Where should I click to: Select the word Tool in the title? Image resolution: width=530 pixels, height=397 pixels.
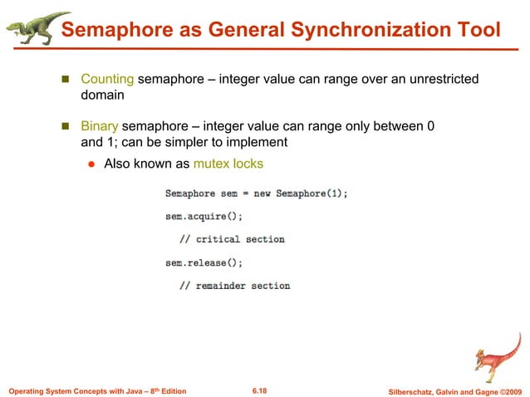[x=476, y=32]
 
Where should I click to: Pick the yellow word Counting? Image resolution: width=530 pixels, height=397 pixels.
[x=107, y=80]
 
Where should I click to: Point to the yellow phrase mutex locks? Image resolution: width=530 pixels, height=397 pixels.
[x=228, y=164]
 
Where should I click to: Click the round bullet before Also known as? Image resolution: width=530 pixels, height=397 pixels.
[x=93, y=164]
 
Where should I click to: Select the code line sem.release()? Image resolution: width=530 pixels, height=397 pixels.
[x=204, y=262]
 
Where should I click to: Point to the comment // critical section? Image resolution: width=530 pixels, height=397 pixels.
[x=233, y=239]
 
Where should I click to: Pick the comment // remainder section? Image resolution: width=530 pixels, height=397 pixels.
[x=235, y=286]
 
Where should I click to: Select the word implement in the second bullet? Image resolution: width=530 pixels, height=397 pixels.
[x=259, y=142]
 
